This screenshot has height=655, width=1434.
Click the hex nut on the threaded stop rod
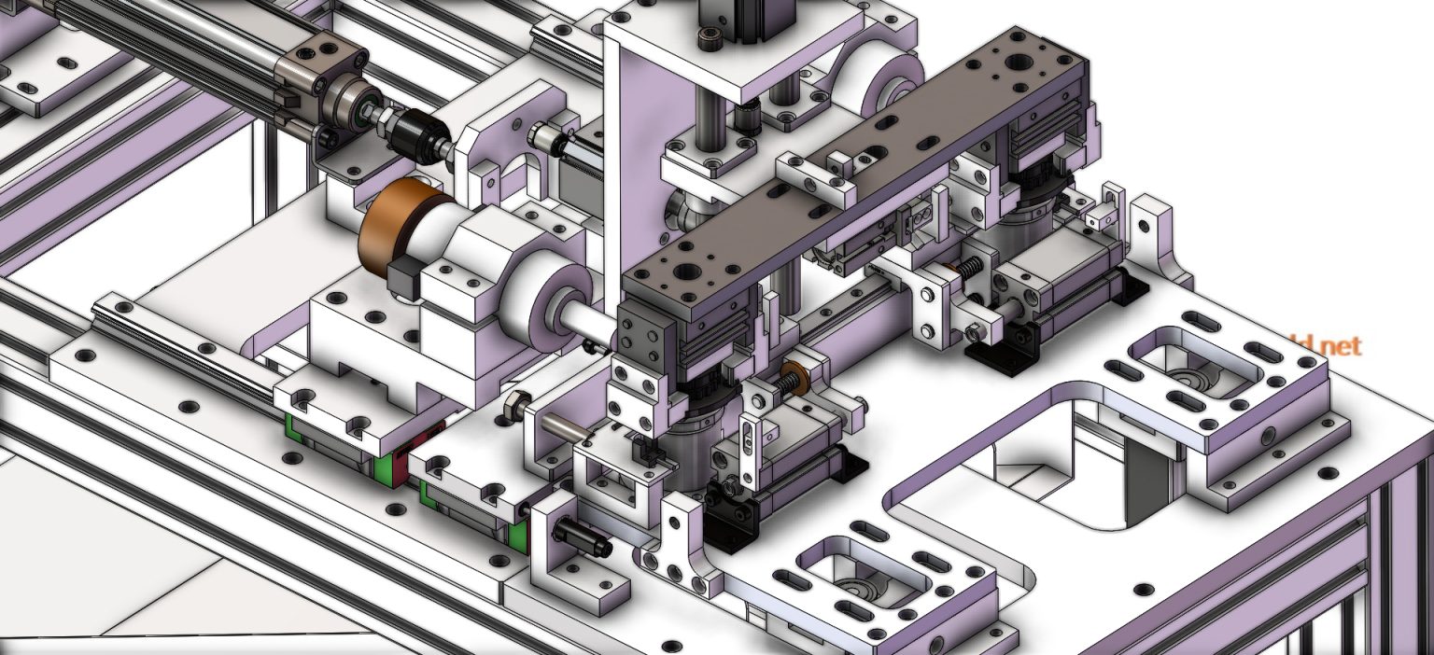[513, 407]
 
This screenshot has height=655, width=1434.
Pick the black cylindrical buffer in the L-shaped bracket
[581, 538]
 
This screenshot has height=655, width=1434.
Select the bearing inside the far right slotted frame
[1188, 379]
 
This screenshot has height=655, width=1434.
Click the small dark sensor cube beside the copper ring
[404, 279]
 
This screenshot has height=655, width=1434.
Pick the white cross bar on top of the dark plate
[814, 182]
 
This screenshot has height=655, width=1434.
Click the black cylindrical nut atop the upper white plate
[710, 39]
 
